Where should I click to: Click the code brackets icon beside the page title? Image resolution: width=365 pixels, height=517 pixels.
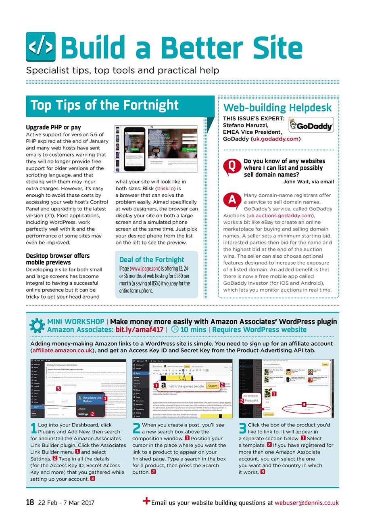40,47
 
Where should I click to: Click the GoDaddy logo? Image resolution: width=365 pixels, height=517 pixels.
311,125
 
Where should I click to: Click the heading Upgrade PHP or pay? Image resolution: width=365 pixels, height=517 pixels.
53,128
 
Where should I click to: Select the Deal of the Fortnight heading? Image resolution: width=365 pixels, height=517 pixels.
152,260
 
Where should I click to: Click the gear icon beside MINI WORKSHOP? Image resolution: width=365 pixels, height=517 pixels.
37,326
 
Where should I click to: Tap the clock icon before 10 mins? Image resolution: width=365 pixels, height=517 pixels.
175,330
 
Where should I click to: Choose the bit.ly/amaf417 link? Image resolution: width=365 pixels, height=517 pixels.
140,330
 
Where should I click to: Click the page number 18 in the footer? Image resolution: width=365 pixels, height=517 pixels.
29,503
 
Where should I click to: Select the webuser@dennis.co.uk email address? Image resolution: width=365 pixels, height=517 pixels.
307,503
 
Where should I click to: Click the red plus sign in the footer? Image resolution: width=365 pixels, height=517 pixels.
147,501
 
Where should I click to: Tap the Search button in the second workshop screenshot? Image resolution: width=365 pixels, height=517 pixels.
212,386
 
